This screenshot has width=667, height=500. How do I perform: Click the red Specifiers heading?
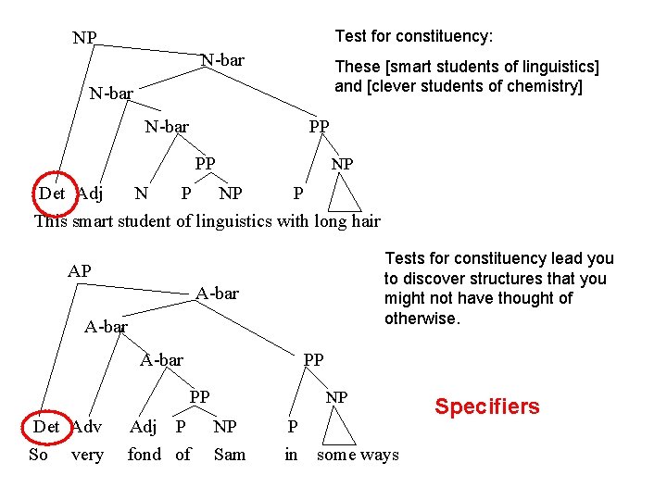[x=487, y=406]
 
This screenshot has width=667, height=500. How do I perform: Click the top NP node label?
[x=85, y=38]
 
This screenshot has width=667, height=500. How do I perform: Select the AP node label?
[x=79, y=271]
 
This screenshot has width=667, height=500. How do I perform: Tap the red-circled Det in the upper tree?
[x=52, y=194]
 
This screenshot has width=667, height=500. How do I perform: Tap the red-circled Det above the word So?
[x=46, y=427]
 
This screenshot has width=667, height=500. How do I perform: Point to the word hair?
[x=362, y=220]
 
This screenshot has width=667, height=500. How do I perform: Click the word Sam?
[x=230, y=455]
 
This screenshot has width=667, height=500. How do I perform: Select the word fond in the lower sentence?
[x=145, y=455]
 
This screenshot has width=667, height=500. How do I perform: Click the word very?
[x=88, y=455]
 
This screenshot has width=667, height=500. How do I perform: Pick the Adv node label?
[x=87, y=427]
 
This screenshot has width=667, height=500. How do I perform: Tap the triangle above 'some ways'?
[x=344, y=430]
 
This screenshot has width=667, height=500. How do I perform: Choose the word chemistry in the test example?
[x=539, y=86]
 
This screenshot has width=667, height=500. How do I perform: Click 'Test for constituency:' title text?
[x=413, y=36]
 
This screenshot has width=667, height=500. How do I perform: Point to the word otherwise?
[x=422, y=318]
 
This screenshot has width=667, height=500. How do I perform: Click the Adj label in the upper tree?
[x=90, y=194]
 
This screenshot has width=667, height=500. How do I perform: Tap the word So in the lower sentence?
[x=39, y=455]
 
